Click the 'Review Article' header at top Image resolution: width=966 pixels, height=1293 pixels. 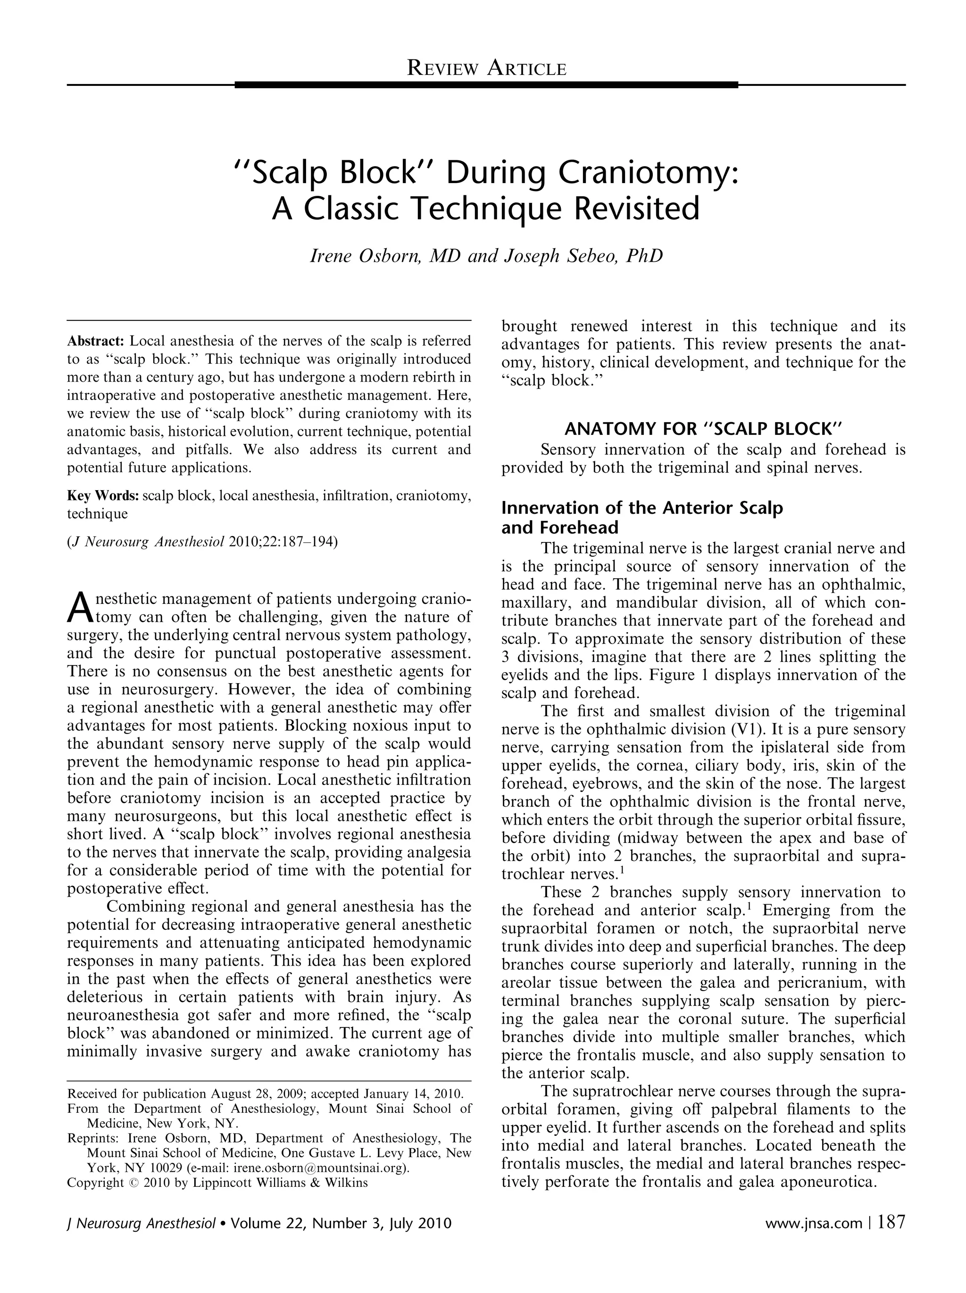(486, 68)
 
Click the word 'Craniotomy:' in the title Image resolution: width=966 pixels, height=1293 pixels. (648, 174)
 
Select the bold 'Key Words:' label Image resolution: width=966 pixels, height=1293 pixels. (103, 496)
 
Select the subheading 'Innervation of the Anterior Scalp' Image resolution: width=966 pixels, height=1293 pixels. (641, 508)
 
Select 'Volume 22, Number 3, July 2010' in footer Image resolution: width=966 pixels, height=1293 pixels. (341, 1223)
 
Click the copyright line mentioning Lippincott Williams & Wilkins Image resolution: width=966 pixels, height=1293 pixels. (217, 1183)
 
